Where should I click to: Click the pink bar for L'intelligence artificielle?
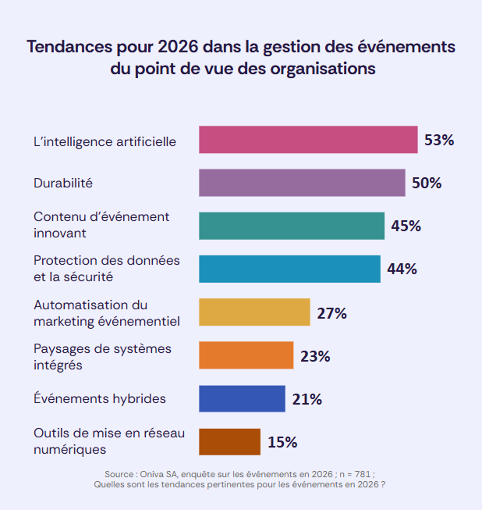click(x=308, y=140)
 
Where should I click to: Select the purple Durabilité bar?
click(x=302, y=183)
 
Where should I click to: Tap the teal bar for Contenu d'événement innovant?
click(x=292, y=226)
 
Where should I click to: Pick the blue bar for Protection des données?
click(x=289, y=269)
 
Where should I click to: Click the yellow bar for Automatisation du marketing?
click(x=254, y=312)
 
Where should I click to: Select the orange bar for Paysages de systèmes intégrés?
click(x=246, y=355)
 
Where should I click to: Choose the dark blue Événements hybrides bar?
click(x=242, y=398)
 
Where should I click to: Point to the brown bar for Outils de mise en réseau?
click(x=229, y=441)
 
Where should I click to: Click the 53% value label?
click(x=439, y=141)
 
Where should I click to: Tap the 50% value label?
click(x=427, y=184)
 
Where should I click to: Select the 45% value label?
click(x=406, y=226)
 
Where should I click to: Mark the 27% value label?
click(x=331, y=313)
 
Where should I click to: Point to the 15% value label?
click(x=282, y=442)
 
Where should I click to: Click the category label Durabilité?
click(x=63, y=183)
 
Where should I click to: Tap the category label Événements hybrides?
click(x=100, y=398)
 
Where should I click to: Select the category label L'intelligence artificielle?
click(x=105, y=141)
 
